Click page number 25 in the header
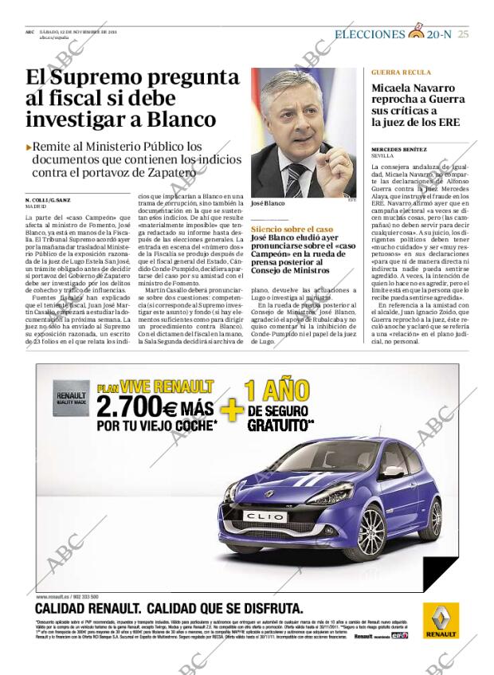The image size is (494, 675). coord(463,33)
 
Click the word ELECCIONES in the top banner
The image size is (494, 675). coord(369,34)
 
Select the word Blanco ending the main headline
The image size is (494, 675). coord(182,120)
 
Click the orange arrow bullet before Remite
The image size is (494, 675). coord(29,147)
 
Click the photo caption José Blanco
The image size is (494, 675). coord(268,203)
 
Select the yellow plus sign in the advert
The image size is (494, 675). coord(231,409)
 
